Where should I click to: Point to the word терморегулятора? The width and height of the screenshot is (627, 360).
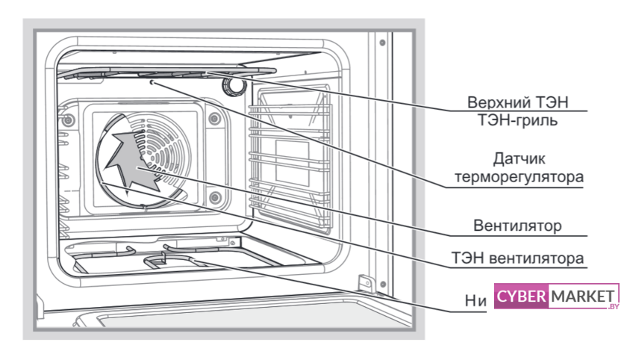[x=520, y=178]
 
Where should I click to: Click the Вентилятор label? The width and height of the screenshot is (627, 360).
[x=517, y=224]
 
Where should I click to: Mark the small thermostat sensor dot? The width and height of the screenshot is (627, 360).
[x=152, y=84]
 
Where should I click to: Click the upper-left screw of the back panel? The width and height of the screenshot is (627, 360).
[x=69, y=120]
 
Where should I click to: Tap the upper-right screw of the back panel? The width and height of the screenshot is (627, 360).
[x=215, y=117]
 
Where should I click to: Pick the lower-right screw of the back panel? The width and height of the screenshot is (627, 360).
[x=215, y=198]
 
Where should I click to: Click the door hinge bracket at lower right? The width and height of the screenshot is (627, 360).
[x=365, y=283]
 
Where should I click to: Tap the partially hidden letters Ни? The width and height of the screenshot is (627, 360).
[x=475, y=300]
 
